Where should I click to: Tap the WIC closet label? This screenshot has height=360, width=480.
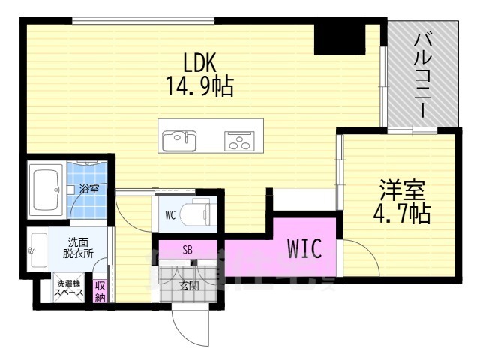tap(304, 248)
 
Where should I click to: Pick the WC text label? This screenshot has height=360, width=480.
tap(170, 214)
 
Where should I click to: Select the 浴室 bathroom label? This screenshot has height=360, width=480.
tap(89, 189)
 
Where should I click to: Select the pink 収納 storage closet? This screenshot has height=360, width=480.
tap(100, 290)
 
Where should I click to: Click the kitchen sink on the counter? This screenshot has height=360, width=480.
tap(178, 139)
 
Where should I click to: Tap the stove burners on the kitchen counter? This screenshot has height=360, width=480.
tap(238, 140)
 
